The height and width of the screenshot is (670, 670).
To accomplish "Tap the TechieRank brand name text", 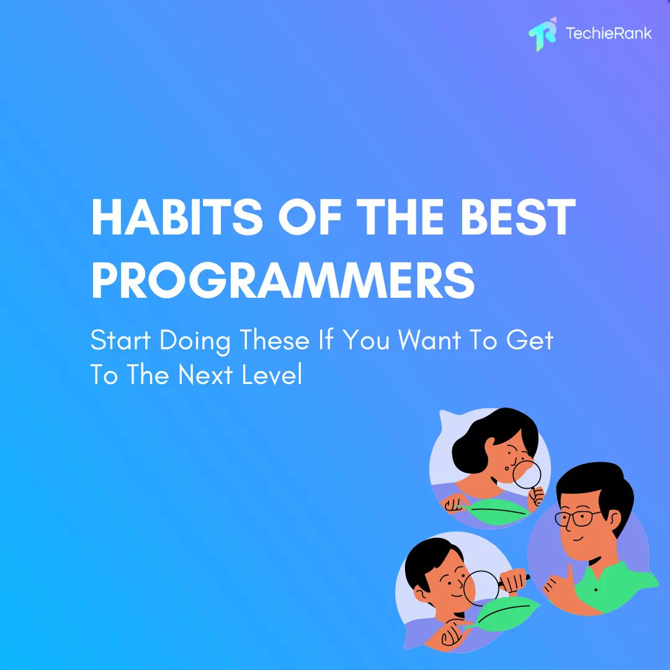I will click(609, 33).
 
